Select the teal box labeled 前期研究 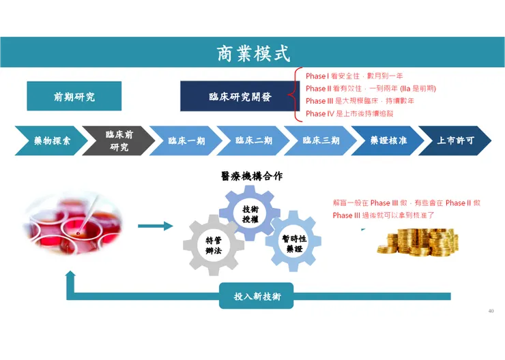tap(74, 97)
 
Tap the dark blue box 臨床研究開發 tap(240, 97)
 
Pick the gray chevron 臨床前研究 tap(118, 141)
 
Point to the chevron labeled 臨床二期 tap(253, 141)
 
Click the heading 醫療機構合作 tap(252, 176)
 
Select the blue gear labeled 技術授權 tap(250, 213)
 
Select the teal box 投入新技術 tap(256, 297)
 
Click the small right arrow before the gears tap(155, 226)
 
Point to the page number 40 tap(491, 311)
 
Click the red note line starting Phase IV tap(350, 114)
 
